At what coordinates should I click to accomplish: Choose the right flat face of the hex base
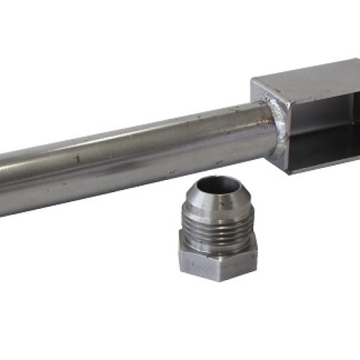tap(250, 261)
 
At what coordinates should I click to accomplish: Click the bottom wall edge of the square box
tap(324, 164)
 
